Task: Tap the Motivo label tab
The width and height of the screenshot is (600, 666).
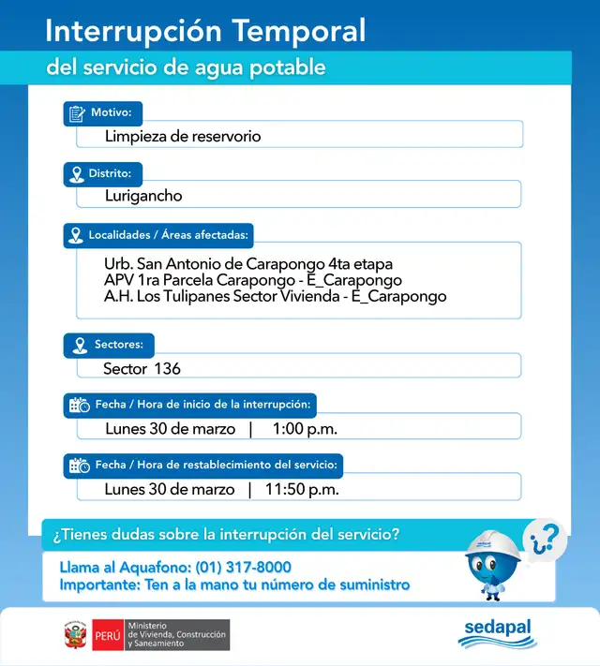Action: click(103, 113)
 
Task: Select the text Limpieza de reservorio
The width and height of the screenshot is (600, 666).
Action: click(183, 137)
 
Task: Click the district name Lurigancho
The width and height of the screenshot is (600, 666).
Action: click(143, 197)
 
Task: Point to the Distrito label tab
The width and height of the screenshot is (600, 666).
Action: click(103, 173)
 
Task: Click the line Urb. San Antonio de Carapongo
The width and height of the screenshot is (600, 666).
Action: click(248, 264)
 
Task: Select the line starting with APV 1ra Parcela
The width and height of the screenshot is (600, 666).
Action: click(253, 280)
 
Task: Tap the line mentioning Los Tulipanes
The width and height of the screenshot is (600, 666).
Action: click(276, 296)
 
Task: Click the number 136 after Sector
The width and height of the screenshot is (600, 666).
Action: click(167, 369)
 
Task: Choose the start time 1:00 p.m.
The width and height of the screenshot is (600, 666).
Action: click(305, 429)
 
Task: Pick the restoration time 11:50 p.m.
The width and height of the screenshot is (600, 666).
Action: click(302, 489)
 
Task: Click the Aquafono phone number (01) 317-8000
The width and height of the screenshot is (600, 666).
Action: click(243, 568)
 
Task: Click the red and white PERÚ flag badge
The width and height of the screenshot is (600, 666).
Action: click(107, 635)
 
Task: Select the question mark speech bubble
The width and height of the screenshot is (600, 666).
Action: click(545, 538)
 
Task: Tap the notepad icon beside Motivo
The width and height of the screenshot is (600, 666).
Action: click(76, 113)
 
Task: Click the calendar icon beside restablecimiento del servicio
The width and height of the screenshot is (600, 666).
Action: click(79, 465)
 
